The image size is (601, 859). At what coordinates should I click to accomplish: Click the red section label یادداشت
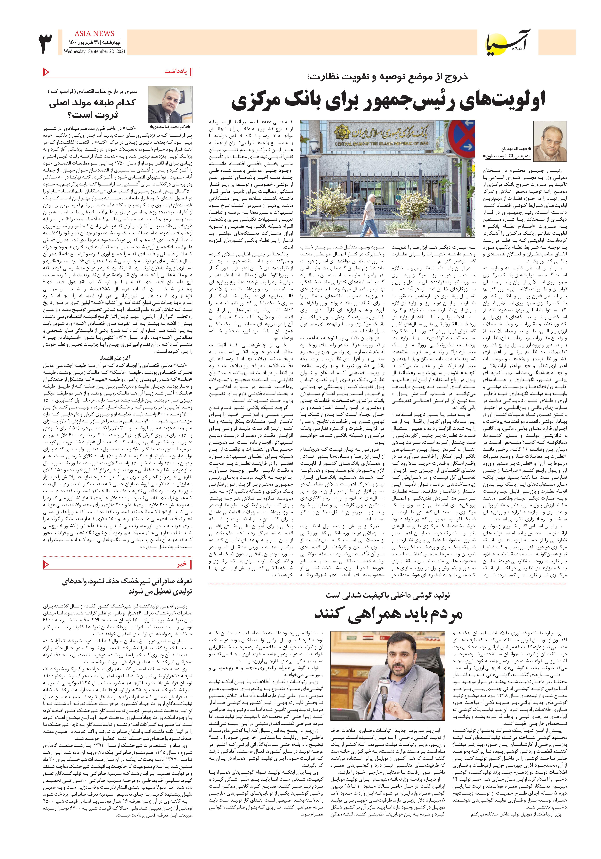pyautogui.click(x=175, y=71)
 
